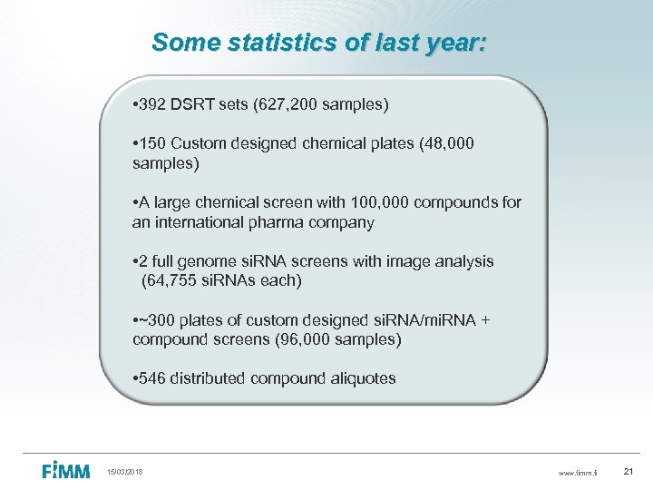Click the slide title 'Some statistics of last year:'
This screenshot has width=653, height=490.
pyautogui.click(x=319, y=42)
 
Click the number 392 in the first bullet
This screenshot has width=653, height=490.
pyautogui.click(x=152, y=105)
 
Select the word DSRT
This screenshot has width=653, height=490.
pyautogui.click(x=192, y=105)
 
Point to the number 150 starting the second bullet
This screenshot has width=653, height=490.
pyautogui.click(x=152, y=144)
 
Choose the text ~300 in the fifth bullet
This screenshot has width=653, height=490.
pyautogui.click(x=156, y=320)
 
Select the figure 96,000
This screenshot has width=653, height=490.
pyautogui.click(x=288, y=340)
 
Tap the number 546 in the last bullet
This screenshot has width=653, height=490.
pyautogui.click(x=152, y=378)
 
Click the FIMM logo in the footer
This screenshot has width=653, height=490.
pyautogui.click(x=66, y=471)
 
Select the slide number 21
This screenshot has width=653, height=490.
pyautogui.click(x=630, y=472)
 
